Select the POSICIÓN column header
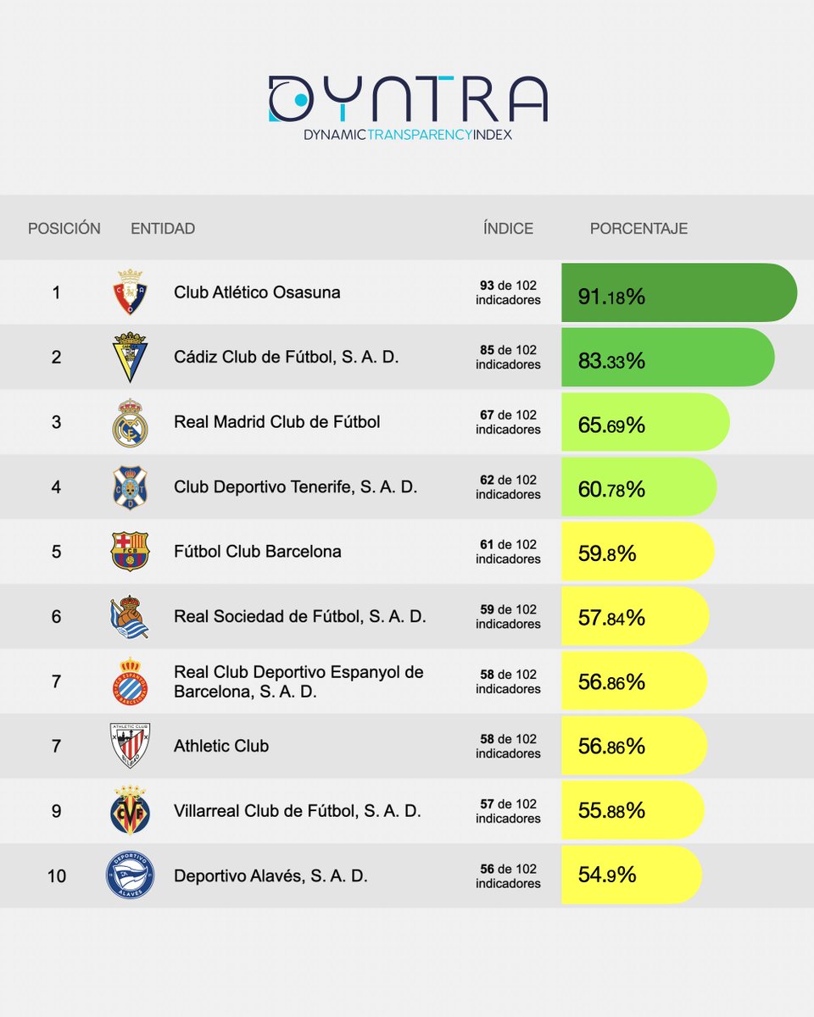coord(64,228)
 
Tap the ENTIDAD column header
coord(163,228)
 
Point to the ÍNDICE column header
coord(508,228)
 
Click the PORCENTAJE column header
coord(638,228)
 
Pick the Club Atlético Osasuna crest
coord(130,292)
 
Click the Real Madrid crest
coord(130,422)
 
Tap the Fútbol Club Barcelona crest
coord(130,552)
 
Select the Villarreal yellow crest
coord(130,811)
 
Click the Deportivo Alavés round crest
coord(130,875)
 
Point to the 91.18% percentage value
coord(611,296)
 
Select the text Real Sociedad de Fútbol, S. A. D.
coord(299,616)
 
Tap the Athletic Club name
coord(221,746)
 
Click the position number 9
coord(56,811)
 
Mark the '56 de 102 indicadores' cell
coord(508,875)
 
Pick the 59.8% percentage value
coord(606,554)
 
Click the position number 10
coord(56,875)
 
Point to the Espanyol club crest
coord(130,681)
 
